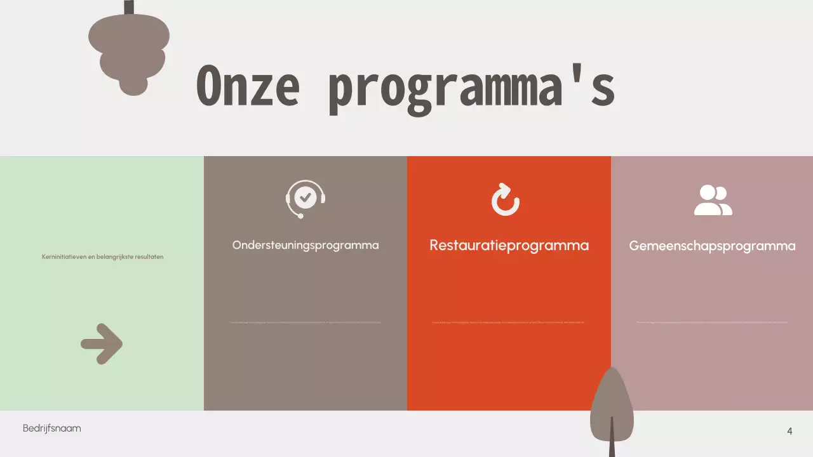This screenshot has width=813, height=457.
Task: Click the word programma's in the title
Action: point(471,89)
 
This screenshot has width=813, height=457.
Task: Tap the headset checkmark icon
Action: point(306,199)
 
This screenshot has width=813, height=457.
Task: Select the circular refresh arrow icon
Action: point(506,200)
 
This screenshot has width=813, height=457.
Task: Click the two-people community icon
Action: point(713,201)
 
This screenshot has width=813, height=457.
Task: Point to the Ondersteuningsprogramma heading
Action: point(306,245)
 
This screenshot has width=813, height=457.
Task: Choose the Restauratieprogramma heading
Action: point(509,245)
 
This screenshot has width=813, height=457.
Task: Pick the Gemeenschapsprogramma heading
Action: point(712,246)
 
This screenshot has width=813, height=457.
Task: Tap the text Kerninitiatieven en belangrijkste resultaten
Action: point(102,257)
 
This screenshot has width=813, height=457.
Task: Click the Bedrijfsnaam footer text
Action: point(52,428)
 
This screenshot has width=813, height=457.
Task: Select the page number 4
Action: point(789,431)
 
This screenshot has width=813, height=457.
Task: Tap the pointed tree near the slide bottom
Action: point(612,400)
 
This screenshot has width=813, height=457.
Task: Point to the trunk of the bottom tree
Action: point(612,441)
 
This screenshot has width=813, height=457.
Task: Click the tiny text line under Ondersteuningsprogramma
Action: point(306,322)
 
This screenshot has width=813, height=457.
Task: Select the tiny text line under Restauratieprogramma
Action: point(508,322)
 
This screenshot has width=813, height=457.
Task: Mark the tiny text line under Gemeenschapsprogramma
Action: point(712,322)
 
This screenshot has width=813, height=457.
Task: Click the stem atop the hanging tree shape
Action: point(129,7)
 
